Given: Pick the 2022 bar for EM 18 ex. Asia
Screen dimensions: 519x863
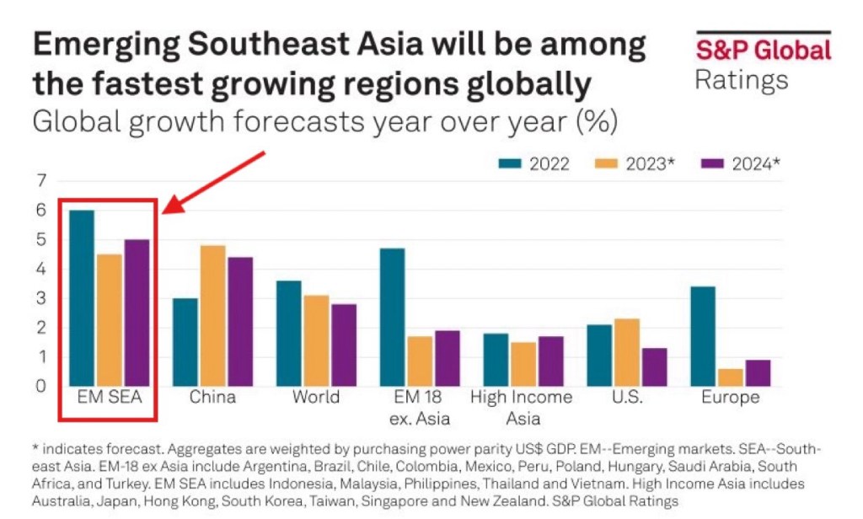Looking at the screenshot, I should (x=392, y=317).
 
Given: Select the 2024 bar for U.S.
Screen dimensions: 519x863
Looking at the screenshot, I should (x=653, y=367).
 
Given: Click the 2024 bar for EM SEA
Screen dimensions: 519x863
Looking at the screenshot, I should (x=137, y=313).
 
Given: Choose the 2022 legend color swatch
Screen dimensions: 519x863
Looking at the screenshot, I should (x=511, y=163).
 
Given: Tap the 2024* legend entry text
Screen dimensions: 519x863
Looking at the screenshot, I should (x=752, y=163).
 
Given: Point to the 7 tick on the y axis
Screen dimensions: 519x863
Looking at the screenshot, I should (x=40, y=180).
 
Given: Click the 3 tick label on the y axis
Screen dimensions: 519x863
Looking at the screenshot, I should (x=40, y=298).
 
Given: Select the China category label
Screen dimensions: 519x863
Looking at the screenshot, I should (x=212, y=398).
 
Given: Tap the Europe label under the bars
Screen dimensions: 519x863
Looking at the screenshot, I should (x=730, y=398).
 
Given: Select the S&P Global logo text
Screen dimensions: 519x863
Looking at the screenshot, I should (x=763, y=51).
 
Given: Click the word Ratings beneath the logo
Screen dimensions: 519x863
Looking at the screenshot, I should (x=742, y=80).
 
